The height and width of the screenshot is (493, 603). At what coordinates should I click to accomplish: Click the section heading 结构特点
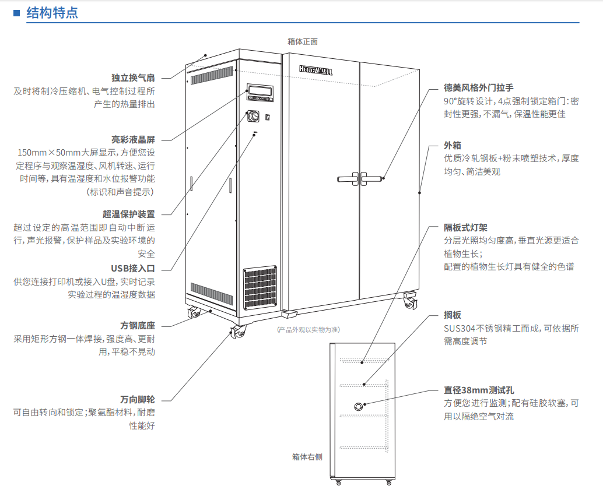[x=52, y=13]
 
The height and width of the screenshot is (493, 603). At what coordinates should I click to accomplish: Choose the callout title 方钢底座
[x=138, y=325]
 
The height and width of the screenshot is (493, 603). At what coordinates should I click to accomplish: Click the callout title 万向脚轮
[x=138, y=400]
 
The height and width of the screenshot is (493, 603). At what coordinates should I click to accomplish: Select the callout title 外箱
[x=452, y=145]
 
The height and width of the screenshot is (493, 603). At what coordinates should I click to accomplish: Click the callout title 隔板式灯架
[x=465, y=227]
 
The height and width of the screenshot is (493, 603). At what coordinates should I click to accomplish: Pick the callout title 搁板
[x=452, y=315]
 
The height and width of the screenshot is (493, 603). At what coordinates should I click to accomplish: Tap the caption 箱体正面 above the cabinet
[x=303, y=41]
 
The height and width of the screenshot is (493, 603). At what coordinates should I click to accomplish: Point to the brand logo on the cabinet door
[x=315, y=70]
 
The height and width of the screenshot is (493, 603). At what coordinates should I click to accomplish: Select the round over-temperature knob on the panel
[x=254, y=117]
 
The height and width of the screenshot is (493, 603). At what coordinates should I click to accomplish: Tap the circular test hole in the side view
[x=358, y=405]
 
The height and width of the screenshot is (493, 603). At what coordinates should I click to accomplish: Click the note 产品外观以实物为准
[x=308, y=329]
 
